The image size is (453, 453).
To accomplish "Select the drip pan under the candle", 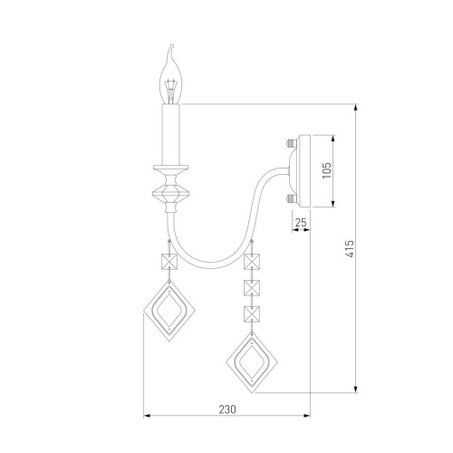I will pyautogui.click(x=170, y=168).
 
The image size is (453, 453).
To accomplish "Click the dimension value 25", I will pyautogui.click(x=301, y=222).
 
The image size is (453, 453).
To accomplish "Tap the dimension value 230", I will pyautogui.click(x=226, y=410).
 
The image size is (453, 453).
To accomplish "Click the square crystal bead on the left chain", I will pyautogui.click(x=168, y=263).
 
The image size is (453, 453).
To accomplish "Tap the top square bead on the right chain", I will pyautogui.click(x=253, y=263).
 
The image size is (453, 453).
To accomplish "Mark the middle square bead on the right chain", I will pyautogui.click(x=253, y=289).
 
